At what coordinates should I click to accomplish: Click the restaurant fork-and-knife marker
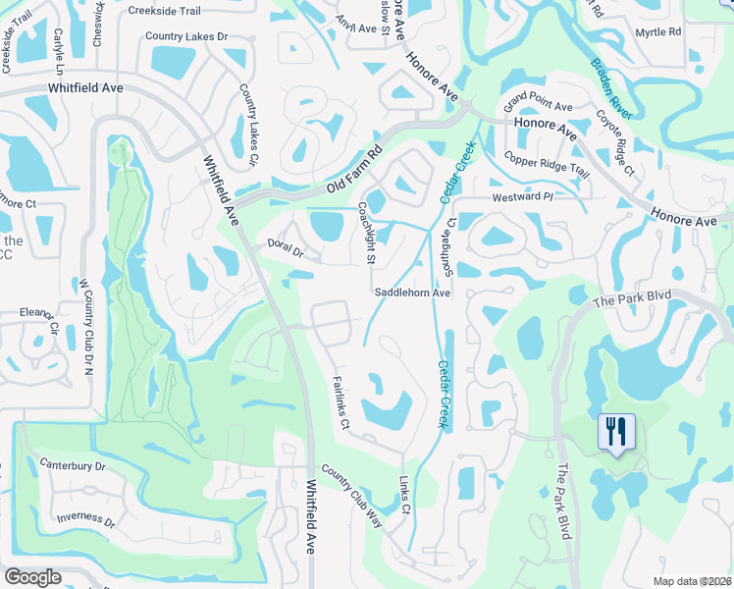click(616, 432)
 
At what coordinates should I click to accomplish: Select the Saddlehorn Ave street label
click(412, 293)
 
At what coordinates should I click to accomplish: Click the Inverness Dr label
click(87, 518)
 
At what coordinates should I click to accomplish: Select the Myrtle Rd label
click(657, 32)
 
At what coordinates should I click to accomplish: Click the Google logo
click(32, 577)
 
